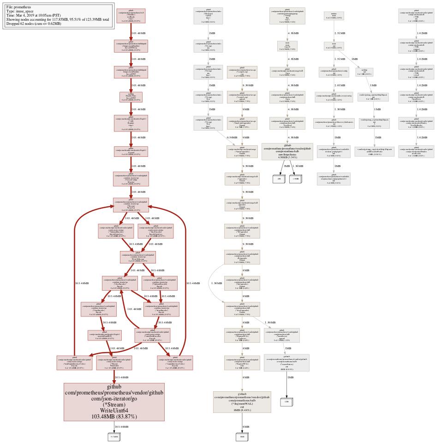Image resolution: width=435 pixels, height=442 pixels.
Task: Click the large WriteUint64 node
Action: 113,401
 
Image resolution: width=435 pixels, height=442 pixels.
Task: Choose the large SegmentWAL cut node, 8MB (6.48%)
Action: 242,402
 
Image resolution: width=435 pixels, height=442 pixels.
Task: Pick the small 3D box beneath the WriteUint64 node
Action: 113,436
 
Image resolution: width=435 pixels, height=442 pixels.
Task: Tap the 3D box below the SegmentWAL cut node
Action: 242,436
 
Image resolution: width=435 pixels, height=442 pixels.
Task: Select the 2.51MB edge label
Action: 340,34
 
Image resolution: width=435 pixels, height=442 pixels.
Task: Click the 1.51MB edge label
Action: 340,59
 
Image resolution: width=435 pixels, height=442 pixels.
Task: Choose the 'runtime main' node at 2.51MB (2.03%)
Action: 334,16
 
